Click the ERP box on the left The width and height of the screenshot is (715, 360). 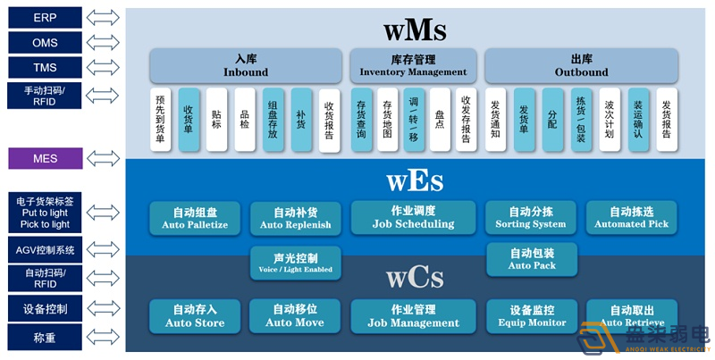[x=45, y=17]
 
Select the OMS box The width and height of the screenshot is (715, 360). [x=45, y=42]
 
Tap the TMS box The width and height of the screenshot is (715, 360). [x=45, y=67]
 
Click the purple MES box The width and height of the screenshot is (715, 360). [x=45, y=159]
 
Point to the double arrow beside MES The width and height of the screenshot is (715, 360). [x=104, y=159]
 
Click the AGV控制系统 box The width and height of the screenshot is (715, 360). [x=45, y=250]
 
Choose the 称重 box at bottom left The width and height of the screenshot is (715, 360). [x=45, y=338]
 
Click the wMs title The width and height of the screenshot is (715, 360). [x=414, y=29]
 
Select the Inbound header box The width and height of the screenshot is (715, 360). [x=245, y=65]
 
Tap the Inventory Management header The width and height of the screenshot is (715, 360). [x=413, y=65]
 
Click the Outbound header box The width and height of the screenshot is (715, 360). [x=581, y=65]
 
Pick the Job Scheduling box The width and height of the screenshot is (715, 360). [x=413, y=217]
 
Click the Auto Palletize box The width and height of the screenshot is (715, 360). [x=196, y=217]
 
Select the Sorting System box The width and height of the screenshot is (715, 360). [x=531, y=217]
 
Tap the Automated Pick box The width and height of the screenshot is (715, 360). [x=632, y=217]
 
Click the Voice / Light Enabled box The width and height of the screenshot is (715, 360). [x=294, y=261]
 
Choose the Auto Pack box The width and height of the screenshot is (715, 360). [x=531, y=259]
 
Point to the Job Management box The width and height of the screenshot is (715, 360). [x=413, y=315]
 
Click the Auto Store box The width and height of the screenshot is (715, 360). [x=196, y=315]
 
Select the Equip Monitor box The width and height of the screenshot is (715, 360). [x=531, y=315]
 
